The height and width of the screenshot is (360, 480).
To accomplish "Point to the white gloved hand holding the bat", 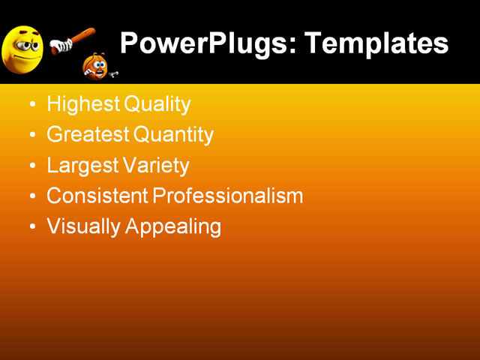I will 59,46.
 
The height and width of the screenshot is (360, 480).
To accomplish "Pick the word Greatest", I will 87,135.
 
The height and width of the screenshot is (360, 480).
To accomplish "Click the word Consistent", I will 97,196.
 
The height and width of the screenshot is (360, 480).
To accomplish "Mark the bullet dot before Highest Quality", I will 31,105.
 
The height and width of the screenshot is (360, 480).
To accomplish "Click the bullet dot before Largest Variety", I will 31,166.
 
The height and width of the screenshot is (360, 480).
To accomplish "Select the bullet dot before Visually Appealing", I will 31,226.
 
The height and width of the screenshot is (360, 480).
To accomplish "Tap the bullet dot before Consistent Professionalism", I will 31,196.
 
